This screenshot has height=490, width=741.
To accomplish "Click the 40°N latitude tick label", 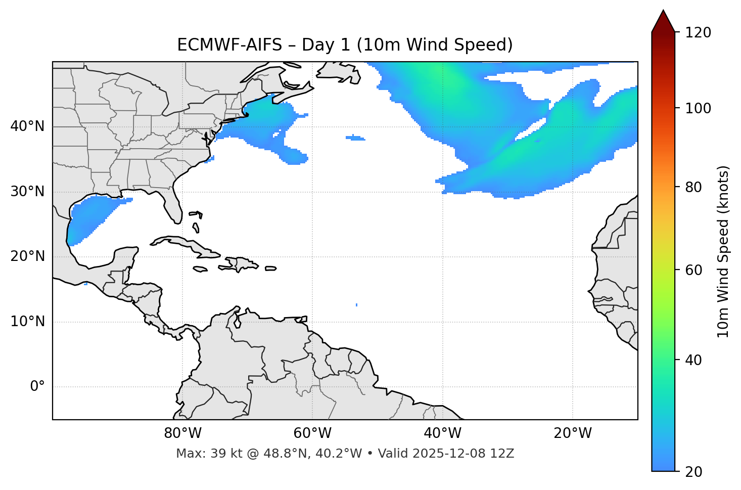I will (x=27, y=126).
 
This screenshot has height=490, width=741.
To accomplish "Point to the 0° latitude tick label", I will (x=37, y=387).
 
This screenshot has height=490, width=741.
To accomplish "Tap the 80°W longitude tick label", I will (x=182, y=433).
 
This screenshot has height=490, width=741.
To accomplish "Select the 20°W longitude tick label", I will (x=573, y=433).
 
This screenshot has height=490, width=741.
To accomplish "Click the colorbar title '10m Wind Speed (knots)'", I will (x=723, y=251).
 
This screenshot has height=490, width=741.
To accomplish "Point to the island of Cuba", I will (x=182, y=243).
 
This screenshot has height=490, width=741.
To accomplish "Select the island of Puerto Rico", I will (x=270, y=269).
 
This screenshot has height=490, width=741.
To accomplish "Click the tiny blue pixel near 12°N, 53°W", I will (x=357, y=305).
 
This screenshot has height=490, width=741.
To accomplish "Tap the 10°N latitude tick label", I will (x=27, y=322).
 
